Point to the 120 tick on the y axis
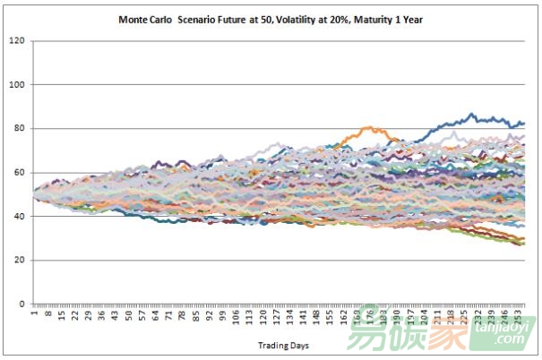[16, 41]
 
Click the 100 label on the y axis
[16, 85]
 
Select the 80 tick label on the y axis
[18, 129]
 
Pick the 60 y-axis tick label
[18, 173]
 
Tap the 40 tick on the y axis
[18, 217]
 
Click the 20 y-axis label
[18, 261]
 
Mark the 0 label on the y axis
[21, 304]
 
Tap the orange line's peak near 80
[368, 127]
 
